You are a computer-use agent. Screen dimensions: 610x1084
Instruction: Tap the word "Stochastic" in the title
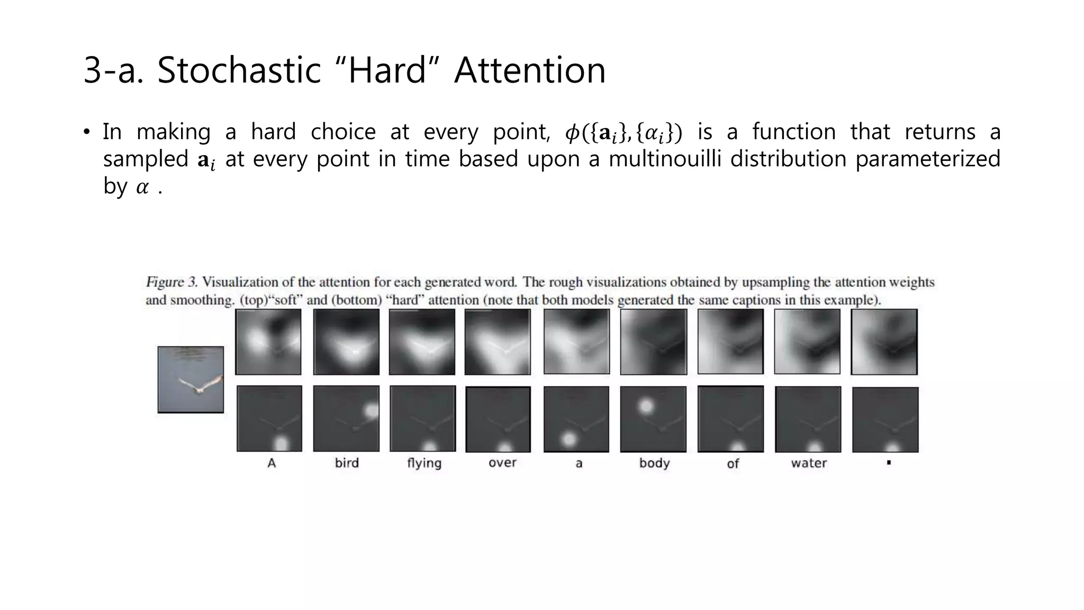tap(239, 70)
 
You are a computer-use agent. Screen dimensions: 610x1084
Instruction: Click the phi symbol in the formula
tap(572, 132)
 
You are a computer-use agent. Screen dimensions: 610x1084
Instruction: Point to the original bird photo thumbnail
tap(191, 379)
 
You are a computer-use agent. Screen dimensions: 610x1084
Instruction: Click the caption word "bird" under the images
tap(347, 463)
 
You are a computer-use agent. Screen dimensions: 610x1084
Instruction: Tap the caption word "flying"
tap(424, 463)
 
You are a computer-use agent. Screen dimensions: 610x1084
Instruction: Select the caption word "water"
tap(809, 463)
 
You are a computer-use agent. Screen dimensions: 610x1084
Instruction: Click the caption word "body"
tap(654, 463)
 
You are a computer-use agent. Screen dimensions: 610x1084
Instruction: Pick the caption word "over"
tap(502, 463)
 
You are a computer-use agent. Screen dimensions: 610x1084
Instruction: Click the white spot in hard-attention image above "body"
tap(645, 406)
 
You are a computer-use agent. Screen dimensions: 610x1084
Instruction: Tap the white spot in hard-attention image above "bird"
tap(371, 410)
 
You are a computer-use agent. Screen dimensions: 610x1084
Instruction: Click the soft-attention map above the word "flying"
tap(422, 342)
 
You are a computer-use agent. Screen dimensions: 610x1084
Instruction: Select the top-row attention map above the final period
tap(884, 342)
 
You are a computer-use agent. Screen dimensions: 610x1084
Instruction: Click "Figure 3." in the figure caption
tap(171, 282)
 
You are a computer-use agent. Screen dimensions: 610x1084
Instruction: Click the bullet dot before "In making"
tap(87, 132)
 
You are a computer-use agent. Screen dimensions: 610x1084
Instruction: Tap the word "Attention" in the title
tap(530, 70)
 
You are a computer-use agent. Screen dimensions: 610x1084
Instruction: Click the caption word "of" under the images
tap(733, 464)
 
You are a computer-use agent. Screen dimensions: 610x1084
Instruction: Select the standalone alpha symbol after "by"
tap(142, 187)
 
